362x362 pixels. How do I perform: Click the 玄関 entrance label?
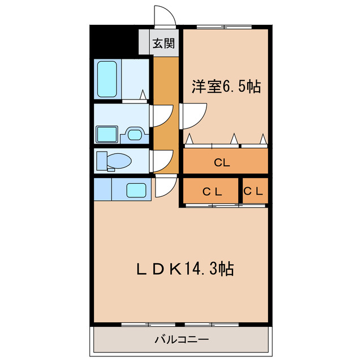tap(165, 43)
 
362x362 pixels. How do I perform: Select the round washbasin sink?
tap(135, 135)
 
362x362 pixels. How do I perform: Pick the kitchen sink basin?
tap(136, 189)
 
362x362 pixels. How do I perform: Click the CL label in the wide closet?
tap(222, 163)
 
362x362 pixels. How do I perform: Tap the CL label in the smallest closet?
tap(253, 191)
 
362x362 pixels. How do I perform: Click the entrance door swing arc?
tap(164, 15)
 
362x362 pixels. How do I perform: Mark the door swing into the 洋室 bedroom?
tap(190, 115)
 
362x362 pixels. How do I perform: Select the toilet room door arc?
tap(162, 161)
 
